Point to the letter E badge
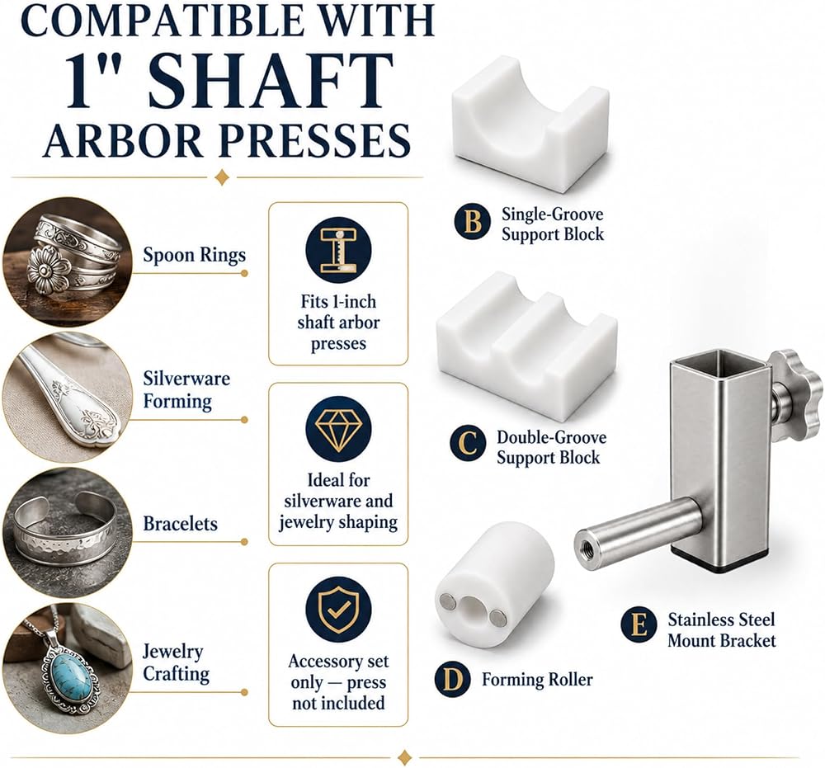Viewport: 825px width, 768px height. point(639,625)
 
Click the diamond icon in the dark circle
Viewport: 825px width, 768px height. point(338,429)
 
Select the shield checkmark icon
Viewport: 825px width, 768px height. point(338,609)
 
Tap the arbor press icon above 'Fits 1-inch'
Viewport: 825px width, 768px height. point(338,250)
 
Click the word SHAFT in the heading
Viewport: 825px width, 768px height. point(271,81)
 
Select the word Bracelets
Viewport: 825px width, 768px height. point(180,524)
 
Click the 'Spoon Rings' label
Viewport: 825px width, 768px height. point(194,255)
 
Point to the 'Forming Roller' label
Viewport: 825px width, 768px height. point(537,680)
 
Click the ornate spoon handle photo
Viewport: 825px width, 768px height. point(67,398)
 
